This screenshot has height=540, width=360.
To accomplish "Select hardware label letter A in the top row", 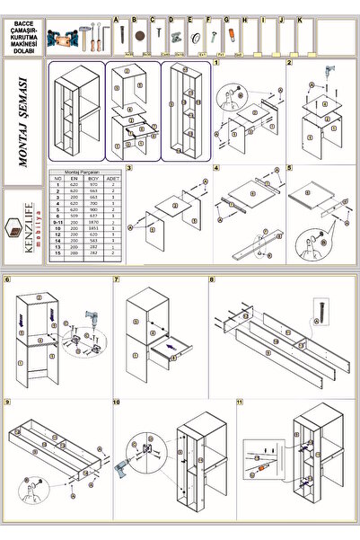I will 116,18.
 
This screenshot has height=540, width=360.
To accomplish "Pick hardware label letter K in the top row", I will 299,18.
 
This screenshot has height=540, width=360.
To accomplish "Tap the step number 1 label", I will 216,65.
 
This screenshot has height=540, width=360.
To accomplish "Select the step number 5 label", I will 288,168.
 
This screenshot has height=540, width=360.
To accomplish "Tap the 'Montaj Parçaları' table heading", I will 87,172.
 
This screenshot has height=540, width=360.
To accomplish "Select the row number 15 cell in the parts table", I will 58,254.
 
